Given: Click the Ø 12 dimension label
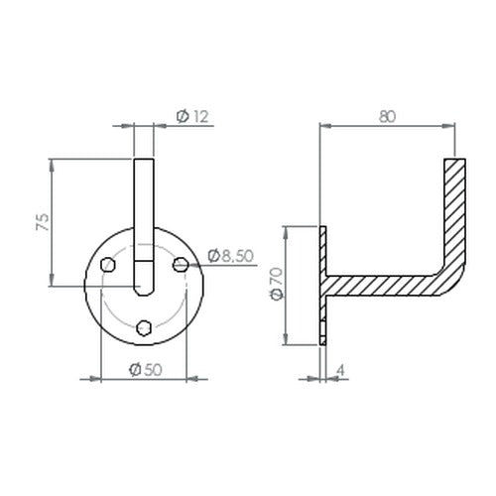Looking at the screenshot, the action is click(x=192, y=116).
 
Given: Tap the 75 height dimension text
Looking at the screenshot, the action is click(x=43, y=222).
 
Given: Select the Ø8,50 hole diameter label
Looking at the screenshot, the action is click(x=230, y=256).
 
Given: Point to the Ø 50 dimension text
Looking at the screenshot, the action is click(x=146, y=369).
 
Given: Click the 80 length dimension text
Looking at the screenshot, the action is click(x=387, y=116).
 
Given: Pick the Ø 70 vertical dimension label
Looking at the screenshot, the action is click(x=277, y=283).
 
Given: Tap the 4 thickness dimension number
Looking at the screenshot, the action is click(x=340, y=370).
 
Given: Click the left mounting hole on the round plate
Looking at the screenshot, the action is click(x=108, y=265).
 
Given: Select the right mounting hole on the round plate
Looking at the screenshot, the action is click(x=181, y=265).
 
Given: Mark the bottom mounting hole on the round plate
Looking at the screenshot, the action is click(x=144, y=327).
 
